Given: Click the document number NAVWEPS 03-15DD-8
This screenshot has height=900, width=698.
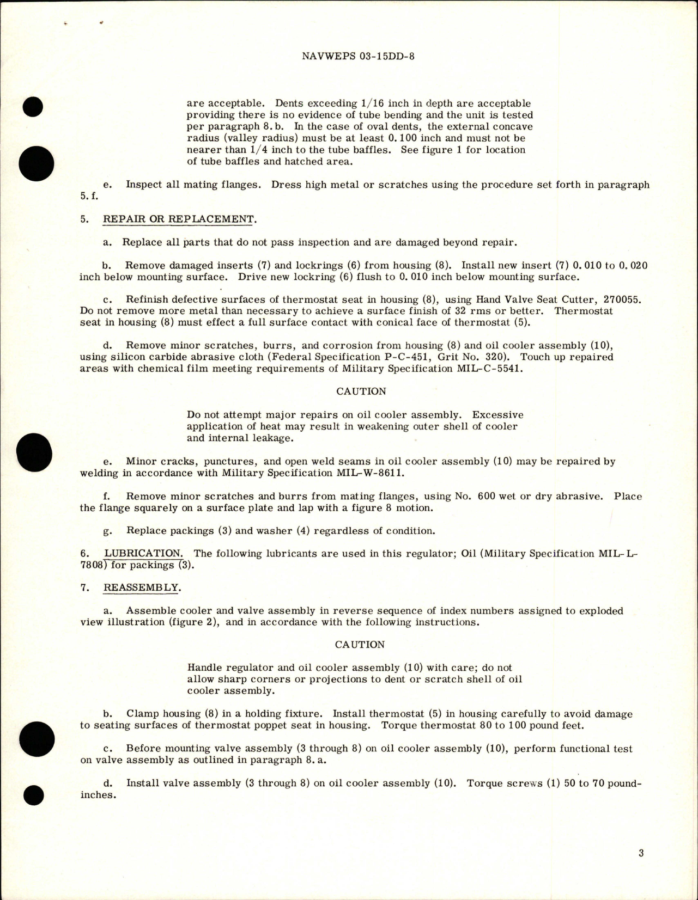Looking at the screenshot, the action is coord(358,56).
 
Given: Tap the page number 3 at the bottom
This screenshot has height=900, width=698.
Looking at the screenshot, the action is coord(641,853).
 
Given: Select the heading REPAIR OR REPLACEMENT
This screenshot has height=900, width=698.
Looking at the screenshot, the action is coord(179,219).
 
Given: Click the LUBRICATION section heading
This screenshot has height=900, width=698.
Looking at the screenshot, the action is coord(143,553).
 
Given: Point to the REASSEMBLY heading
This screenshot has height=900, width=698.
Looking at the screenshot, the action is coord(142,587).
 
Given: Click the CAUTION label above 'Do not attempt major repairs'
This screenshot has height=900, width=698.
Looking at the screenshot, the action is coord(361,391).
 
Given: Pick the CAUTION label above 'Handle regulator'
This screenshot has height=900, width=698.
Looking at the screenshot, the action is coord(360,645).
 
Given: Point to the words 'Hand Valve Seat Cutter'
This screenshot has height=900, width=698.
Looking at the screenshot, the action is coord(529,299).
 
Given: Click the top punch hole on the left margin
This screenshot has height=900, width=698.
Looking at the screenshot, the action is coord(34,106).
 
